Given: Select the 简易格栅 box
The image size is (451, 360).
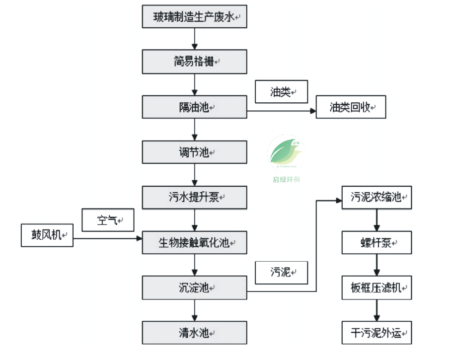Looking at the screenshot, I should click(x=194, y=61).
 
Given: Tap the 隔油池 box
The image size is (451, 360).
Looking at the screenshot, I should click(x=194, y=107).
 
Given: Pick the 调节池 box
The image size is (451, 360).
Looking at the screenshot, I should click(x=194, y=152).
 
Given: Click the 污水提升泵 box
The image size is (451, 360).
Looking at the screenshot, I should click(x=194, y=197).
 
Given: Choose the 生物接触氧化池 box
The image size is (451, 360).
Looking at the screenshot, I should click(x=194, y=242).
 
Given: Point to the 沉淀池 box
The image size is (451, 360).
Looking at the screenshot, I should click(x=194, y=288).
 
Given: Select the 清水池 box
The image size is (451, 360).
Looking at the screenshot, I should click(x=194, y=332).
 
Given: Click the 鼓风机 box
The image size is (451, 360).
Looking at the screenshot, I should click(x=47, y=235).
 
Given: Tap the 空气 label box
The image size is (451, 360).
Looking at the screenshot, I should click(x=108, y=220).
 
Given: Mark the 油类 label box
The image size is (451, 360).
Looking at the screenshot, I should click(x=282, y=92).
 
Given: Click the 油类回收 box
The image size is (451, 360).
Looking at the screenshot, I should click(x=351, y=107).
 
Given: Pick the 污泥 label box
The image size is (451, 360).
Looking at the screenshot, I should click(x=282, y=272).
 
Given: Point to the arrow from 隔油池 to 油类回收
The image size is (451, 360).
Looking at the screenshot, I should click(x=282, y=110).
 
